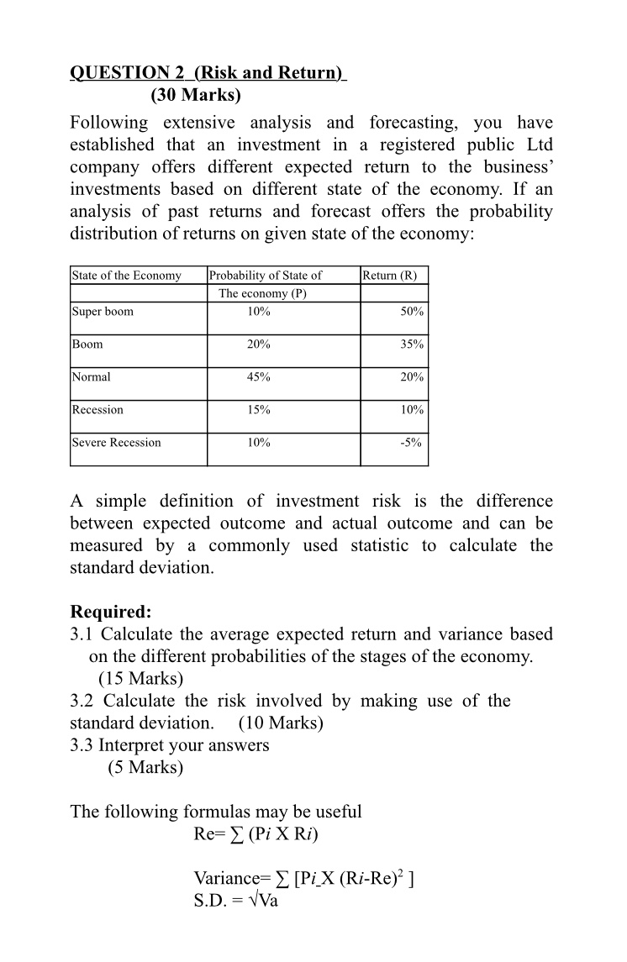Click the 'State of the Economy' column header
click(x=127, y=276)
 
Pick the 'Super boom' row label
click(x=103, y=312)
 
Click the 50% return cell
click(x=413, y=312)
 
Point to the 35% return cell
click(x=413, y=344)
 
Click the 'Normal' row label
click(x=92, y=377)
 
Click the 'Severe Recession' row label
click(x=117, y=443)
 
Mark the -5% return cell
click(x=414, y=443)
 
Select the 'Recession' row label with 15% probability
click(x=97, y=410)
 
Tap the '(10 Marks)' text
click(x=282, y=723)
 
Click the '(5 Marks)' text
click(x=145, y=767)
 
